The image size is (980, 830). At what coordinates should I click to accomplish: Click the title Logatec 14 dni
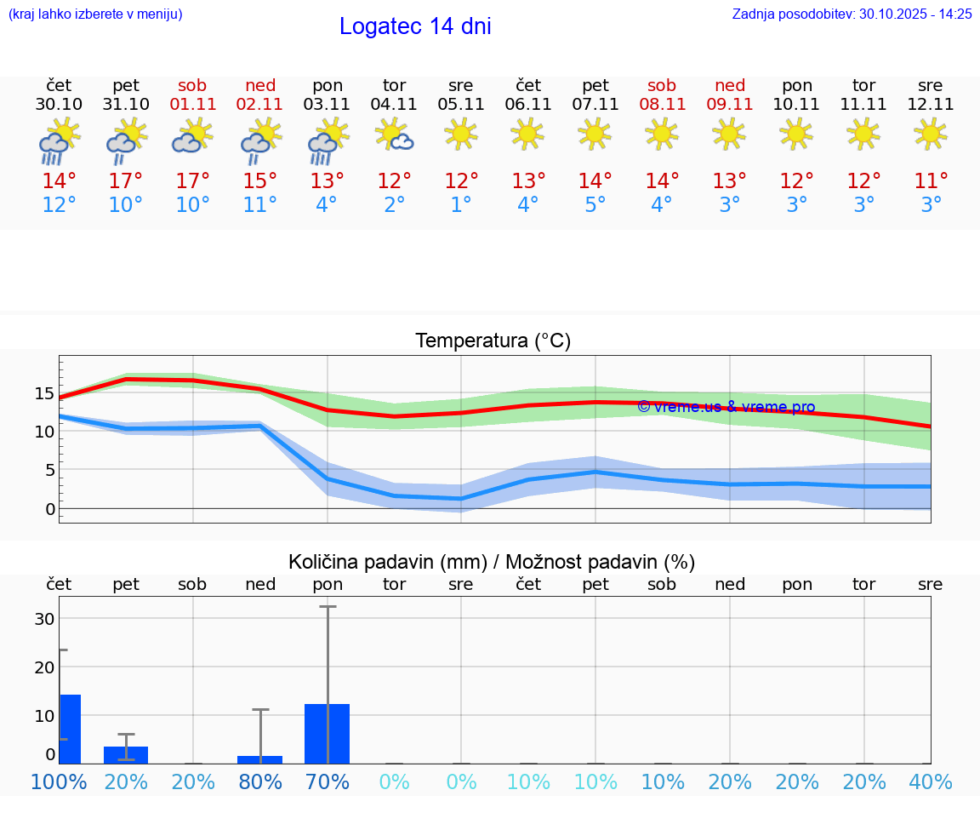[415, 26]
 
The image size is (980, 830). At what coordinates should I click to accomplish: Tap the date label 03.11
[328, 105]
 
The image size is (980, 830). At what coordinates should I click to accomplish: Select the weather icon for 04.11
[395, 135]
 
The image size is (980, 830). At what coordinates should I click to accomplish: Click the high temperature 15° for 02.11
[260, 180]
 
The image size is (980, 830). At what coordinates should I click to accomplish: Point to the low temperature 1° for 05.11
[461, 205]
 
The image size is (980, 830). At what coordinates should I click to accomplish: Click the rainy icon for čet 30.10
[59, 140]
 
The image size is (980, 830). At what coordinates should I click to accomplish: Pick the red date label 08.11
[662, 105]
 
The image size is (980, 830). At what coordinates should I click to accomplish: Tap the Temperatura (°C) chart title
[493, 341]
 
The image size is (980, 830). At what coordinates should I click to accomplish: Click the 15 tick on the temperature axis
[44, 393]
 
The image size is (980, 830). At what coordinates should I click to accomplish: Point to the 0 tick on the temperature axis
[49, 509]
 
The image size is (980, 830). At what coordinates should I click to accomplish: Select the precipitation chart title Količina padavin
[492, 562]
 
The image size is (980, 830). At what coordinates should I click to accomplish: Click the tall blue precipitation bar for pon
[327, 733]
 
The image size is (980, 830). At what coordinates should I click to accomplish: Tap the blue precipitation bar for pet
[126, 754]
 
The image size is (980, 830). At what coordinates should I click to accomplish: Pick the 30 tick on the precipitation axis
[44, 618]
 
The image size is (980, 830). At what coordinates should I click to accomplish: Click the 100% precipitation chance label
[59, 781]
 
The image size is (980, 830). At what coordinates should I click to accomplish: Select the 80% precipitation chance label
[260, 781]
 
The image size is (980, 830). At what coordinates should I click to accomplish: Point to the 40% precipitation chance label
[931, 781]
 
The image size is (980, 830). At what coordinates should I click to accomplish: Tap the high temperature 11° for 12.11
[931, 180]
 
